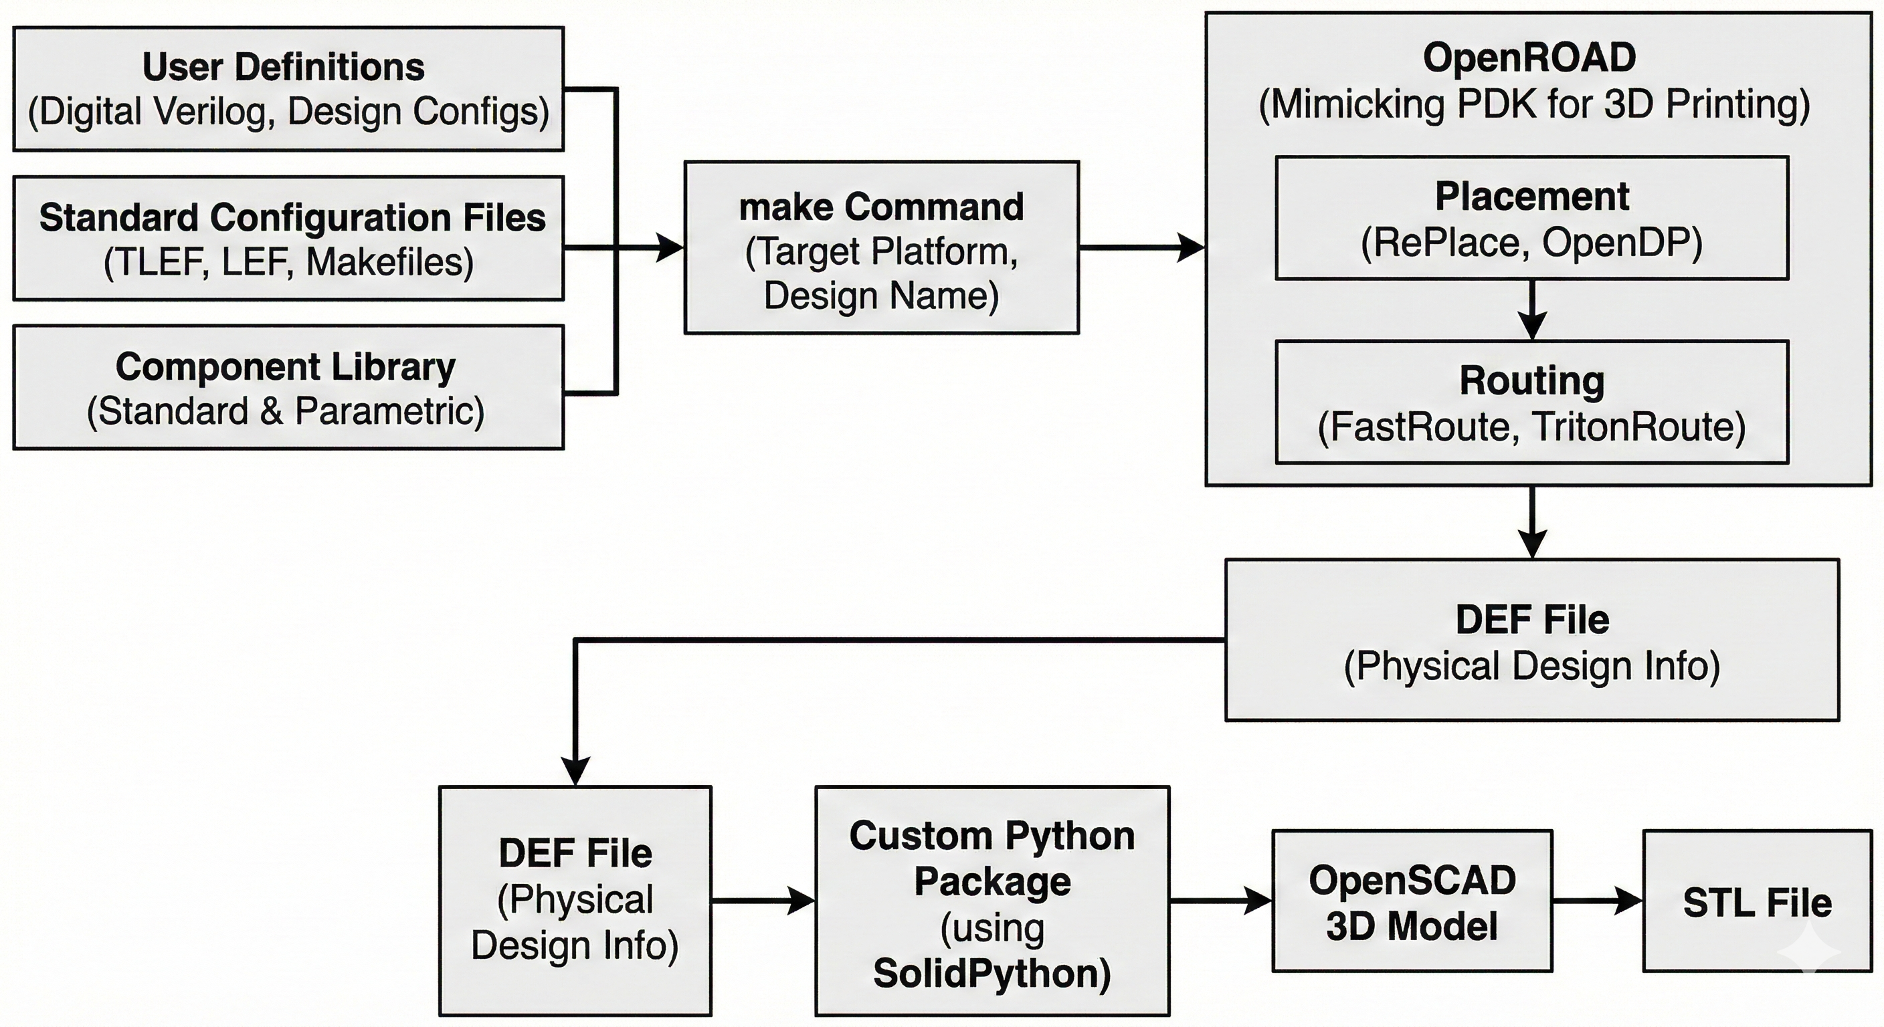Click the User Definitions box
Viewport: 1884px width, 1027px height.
coord(288,89)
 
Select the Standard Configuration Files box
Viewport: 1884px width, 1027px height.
coord(288,238)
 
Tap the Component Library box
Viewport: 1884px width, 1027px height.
coord(288,387)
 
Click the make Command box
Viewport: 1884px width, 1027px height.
coord(881,248)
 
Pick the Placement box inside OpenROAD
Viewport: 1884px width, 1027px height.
coord(1531,218)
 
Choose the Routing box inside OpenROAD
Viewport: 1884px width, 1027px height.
coord(1531,402)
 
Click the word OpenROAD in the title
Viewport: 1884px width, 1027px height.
coord(1529,58)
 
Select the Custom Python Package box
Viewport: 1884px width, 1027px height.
coord(992,901)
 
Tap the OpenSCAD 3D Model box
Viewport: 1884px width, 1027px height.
coord(1412,901)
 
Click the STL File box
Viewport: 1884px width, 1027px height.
coord(1757,901)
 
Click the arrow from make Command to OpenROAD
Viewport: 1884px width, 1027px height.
coord(1141,248)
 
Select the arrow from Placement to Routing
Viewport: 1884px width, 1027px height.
coord(1531,309)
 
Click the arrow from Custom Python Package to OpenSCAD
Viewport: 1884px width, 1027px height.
coord(1220,901)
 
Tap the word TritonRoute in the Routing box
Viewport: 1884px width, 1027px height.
coord(1638,427)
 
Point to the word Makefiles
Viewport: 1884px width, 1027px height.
coord(390,261)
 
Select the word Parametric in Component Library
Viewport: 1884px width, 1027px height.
coord(388,411)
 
